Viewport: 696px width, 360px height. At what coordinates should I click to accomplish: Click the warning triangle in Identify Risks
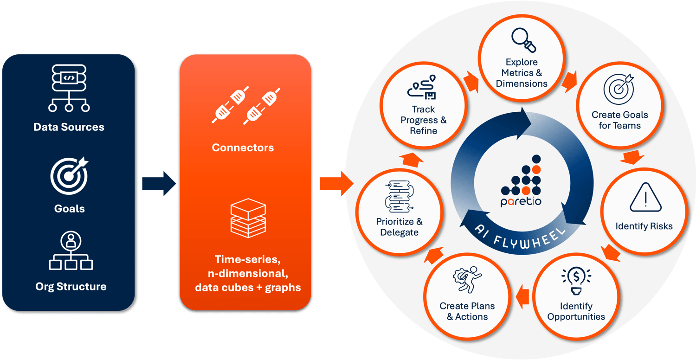645,198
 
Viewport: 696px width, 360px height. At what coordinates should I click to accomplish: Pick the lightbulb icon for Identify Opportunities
576,281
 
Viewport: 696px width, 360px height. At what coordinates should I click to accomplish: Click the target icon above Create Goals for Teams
619,90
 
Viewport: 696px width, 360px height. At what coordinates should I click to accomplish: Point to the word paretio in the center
521,201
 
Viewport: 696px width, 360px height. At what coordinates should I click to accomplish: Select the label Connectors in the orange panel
243,148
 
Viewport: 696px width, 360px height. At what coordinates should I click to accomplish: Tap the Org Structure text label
71,286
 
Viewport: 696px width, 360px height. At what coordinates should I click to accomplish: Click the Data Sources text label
69,127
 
